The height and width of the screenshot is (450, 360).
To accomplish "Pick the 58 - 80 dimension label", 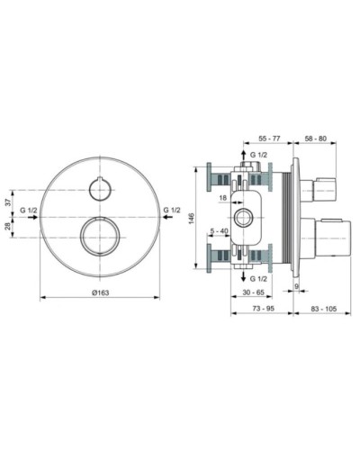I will pyautogui.click(x=315, y=140).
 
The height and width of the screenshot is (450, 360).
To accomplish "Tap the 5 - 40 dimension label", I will pyautogui.click(x=217, y=232).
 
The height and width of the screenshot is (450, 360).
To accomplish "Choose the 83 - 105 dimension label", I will pyautogui.click(x=323, y=310).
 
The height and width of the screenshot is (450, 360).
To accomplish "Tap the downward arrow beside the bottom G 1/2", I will pyautogui.click(x=245, y=278).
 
